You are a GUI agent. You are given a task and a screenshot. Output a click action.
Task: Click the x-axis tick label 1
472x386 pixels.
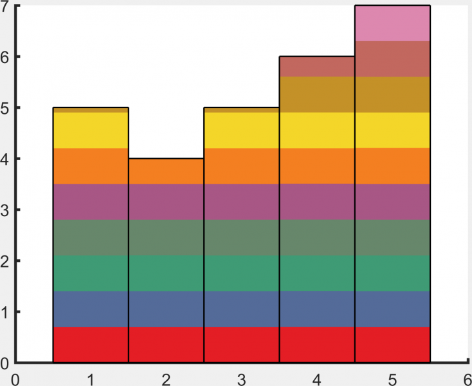point(91,379)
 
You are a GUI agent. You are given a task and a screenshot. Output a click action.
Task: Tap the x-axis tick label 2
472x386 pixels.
point(166,379)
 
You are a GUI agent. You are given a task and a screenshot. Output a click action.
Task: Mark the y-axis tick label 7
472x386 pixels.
point(5,8)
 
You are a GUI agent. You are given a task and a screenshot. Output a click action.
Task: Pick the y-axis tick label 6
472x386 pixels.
point(5,57)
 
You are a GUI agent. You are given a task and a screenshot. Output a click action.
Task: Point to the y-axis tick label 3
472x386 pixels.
point(5,210)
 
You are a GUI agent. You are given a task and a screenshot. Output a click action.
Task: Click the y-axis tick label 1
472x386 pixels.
point(5,312)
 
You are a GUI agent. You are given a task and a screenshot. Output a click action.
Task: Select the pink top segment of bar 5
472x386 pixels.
point(392,23)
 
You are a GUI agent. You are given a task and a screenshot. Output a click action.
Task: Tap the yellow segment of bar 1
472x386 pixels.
point(91,130)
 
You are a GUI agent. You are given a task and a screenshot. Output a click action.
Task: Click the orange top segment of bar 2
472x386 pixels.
point(166,171)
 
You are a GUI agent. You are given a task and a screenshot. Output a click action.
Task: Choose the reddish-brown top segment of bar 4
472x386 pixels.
point(317,67)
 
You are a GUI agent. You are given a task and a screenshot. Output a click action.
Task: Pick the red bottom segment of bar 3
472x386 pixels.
point(242,344)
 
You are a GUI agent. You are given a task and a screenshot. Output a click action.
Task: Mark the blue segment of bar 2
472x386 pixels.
point(166,309)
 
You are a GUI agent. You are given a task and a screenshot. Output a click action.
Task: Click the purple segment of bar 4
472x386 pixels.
point(317,202)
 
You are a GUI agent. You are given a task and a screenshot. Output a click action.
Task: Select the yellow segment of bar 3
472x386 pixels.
point(242,130)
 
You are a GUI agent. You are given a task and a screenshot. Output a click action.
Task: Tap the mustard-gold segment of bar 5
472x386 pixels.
point(392,95)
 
